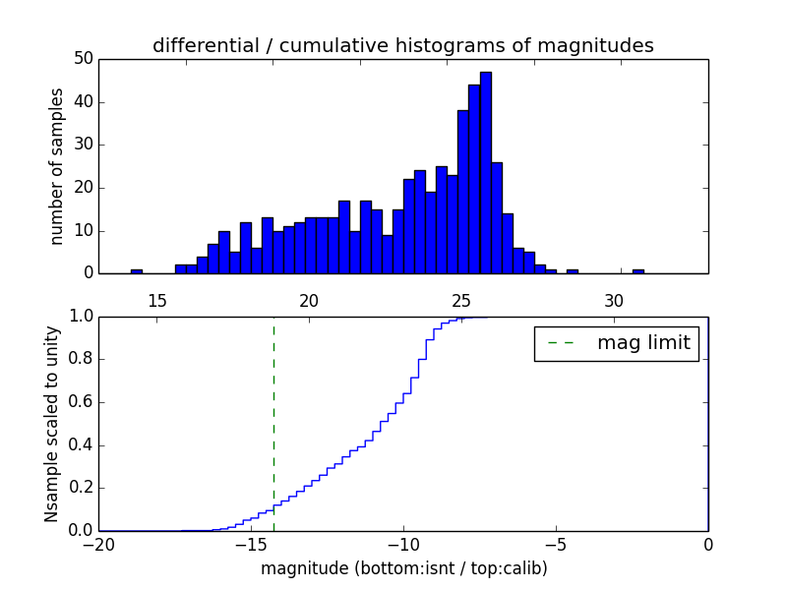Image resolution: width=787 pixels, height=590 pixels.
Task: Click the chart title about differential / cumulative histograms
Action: (x=402, y=45)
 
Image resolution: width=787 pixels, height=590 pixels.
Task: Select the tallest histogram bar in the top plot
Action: (x=486, y=172)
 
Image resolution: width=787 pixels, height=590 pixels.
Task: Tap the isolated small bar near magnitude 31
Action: (x=638, y=271)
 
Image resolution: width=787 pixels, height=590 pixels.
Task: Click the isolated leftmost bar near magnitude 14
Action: (x=137, y=271)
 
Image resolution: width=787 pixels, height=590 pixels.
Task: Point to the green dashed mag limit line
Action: (x=273, y=423)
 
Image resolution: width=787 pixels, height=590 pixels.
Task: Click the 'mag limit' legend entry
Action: (x=617, y=343)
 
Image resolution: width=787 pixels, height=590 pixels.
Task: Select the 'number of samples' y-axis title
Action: (x=57, y=166)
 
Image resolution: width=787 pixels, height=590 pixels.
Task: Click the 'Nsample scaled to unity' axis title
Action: (x=51, y=424)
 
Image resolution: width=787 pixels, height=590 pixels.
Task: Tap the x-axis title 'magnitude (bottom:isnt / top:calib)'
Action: (x=403, y=568)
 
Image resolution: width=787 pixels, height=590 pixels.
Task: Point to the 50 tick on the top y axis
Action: (x=83, y=59)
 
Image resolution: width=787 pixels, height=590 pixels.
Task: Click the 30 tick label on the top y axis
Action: (x=83, y=145)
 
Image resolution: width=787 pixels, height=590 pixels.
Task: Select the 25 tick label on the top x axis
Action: (x=461, y=299)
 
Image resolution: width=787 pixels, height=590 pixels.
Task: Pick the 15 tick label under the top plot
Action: (x=157, y=299)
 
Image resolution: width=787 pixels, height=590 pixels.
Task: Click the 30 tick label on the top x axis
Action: (x=614, y=299)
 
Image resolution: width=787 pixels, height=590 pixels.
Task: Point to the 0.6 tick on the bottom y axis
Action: (x=79, y=402)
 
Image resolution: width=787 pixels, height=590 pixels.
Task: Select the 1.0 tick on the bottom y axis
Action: (x=79, y=317)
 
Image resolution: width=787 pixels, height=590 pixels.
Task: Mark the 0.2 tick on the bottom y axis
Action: (x=79, y=488)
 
